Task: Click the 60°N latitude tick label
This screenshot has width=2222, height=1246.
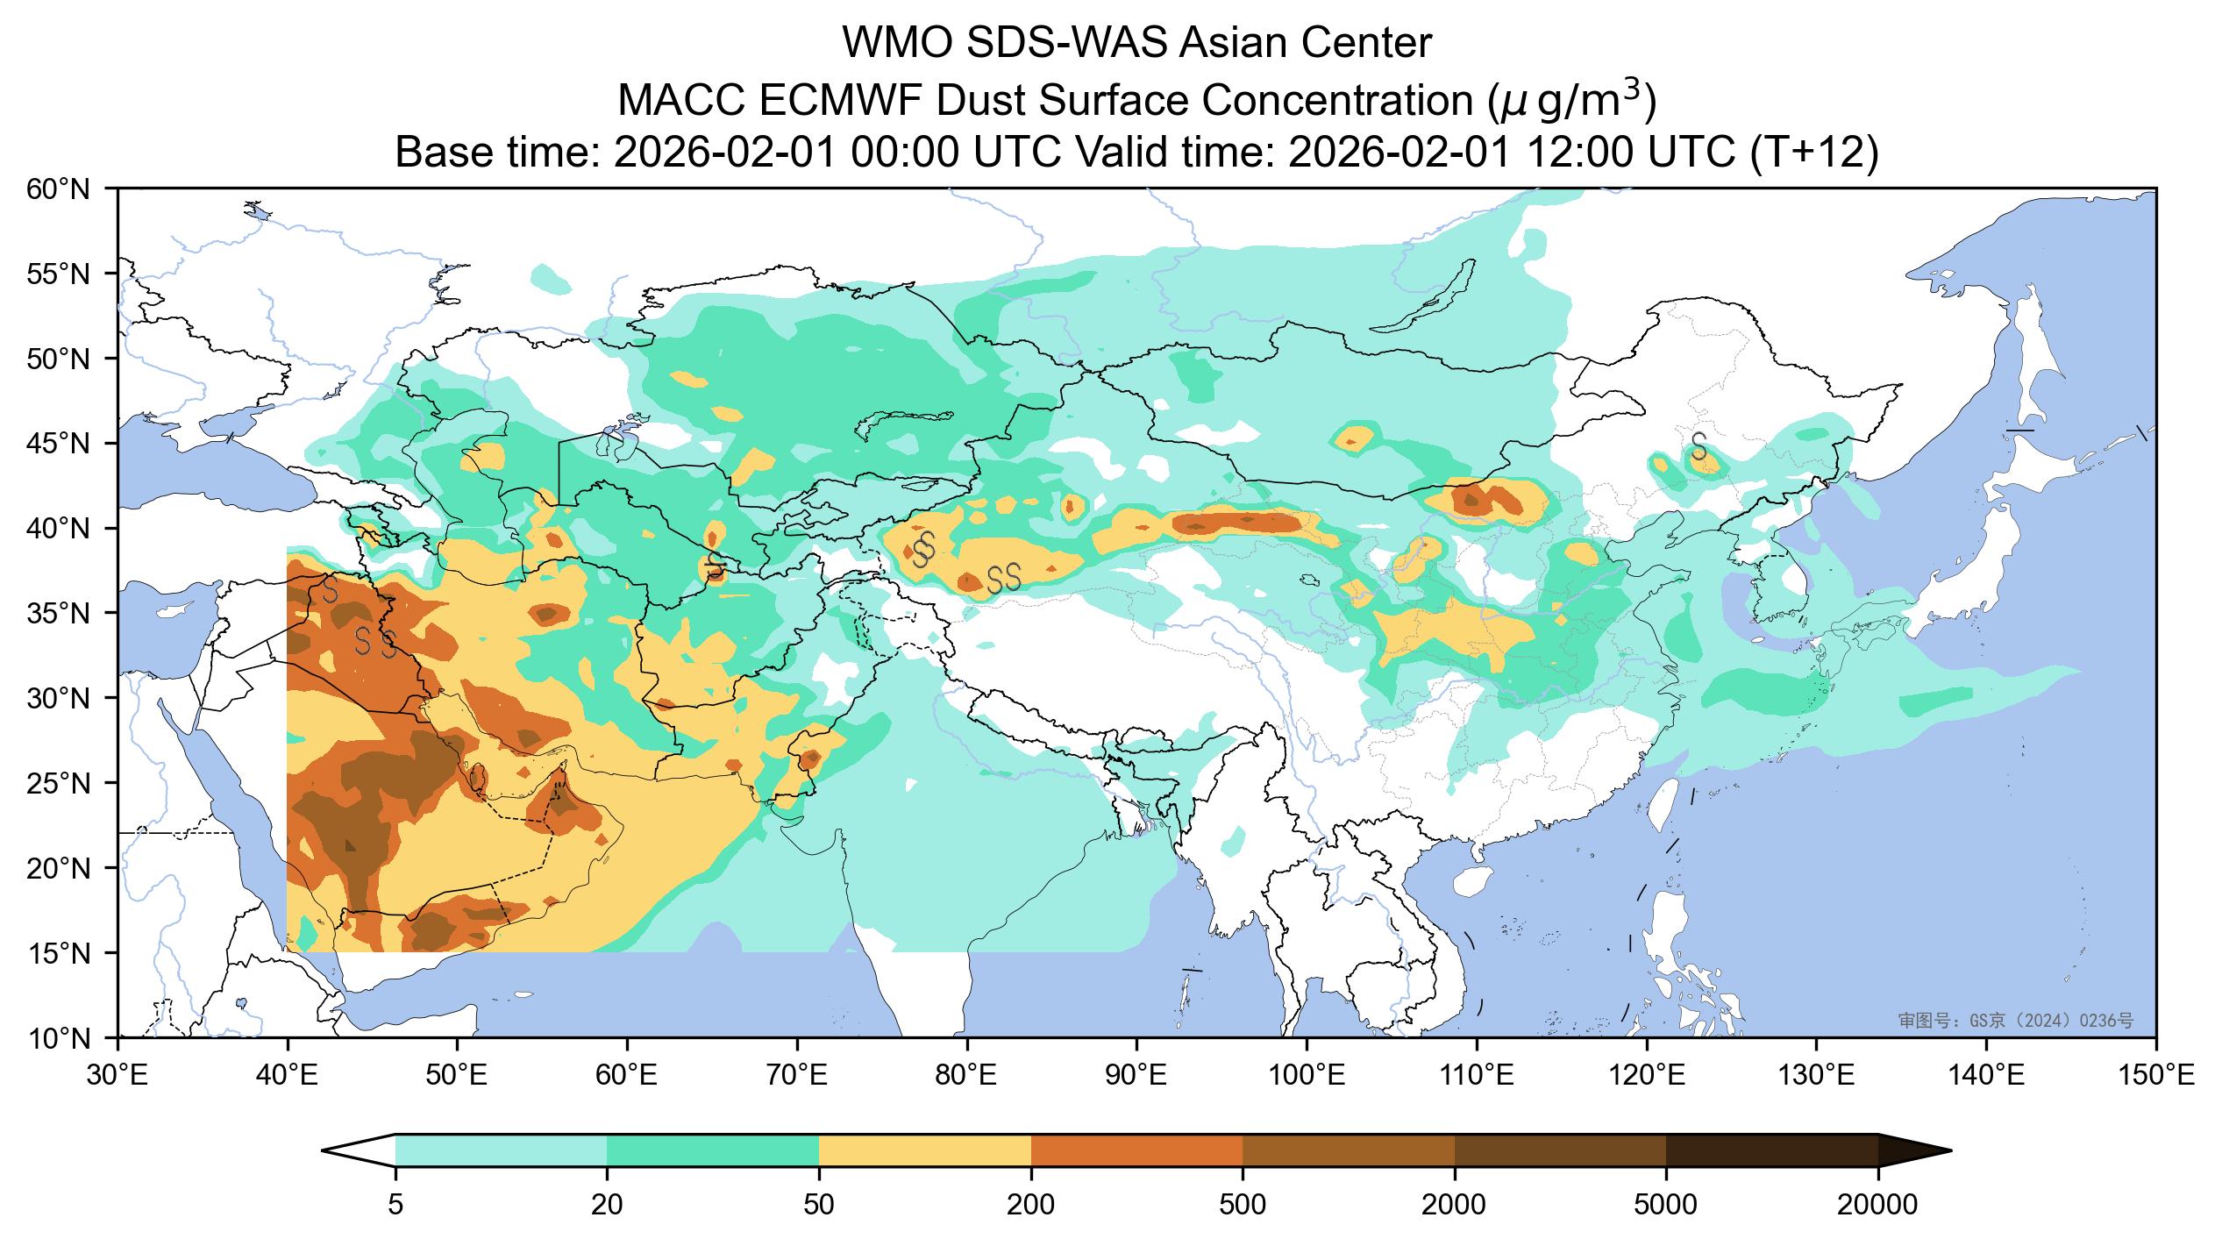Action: click(x=67, y=189)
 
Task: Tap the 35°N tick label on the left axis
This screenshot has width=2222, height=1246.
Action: click(x=67, y=614)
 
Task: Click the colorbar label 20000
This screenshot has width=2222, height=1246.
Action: click(x=1877, y=1205)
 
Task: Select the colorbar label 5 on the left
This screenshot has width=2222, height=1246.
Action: click(x=395, y=1205)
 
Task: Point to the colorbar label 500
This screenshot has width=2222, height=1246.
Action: click(x=1243, y=1205)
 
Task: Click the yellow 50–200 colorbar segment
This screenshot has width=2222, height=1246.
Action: click(x=924, y=1150)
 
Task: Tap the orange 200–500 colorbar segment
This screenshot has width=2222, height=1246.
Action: click(x=1136, y=1150)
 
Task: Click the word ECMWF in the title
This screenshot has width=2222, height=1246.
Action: click(x=841, y=102)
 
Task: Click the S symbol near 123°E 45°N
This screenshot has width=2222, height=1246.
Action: click(x=1699, y=445)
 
